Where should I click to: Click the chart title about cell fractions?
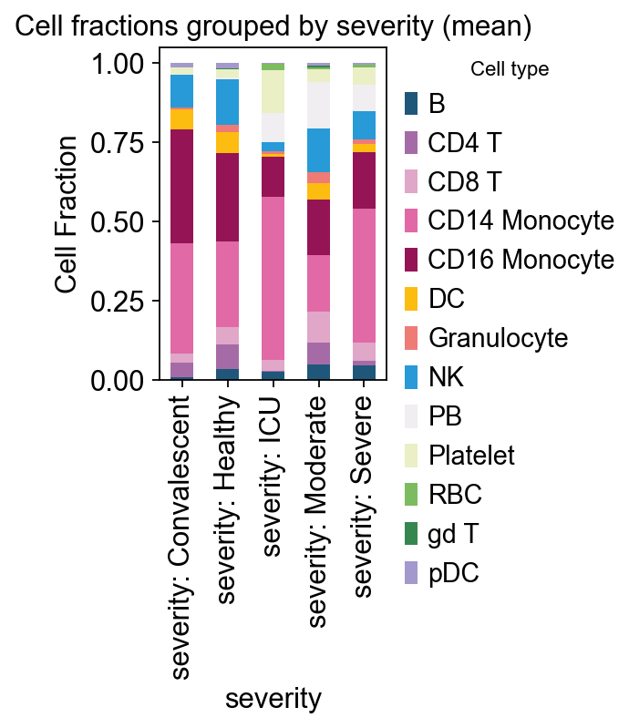[273, 27]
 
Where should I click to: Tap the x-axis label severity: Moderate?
[318, 510]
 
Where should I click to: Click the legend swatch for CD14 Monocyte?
[412, 220]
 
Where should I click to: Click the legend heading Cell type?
[509, 69]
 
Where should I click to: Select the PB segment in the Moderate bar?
[318, 105]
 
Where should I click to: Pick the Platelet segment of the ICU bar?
[273, 91]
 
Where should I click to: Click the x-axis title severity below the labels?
[273, 699]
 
